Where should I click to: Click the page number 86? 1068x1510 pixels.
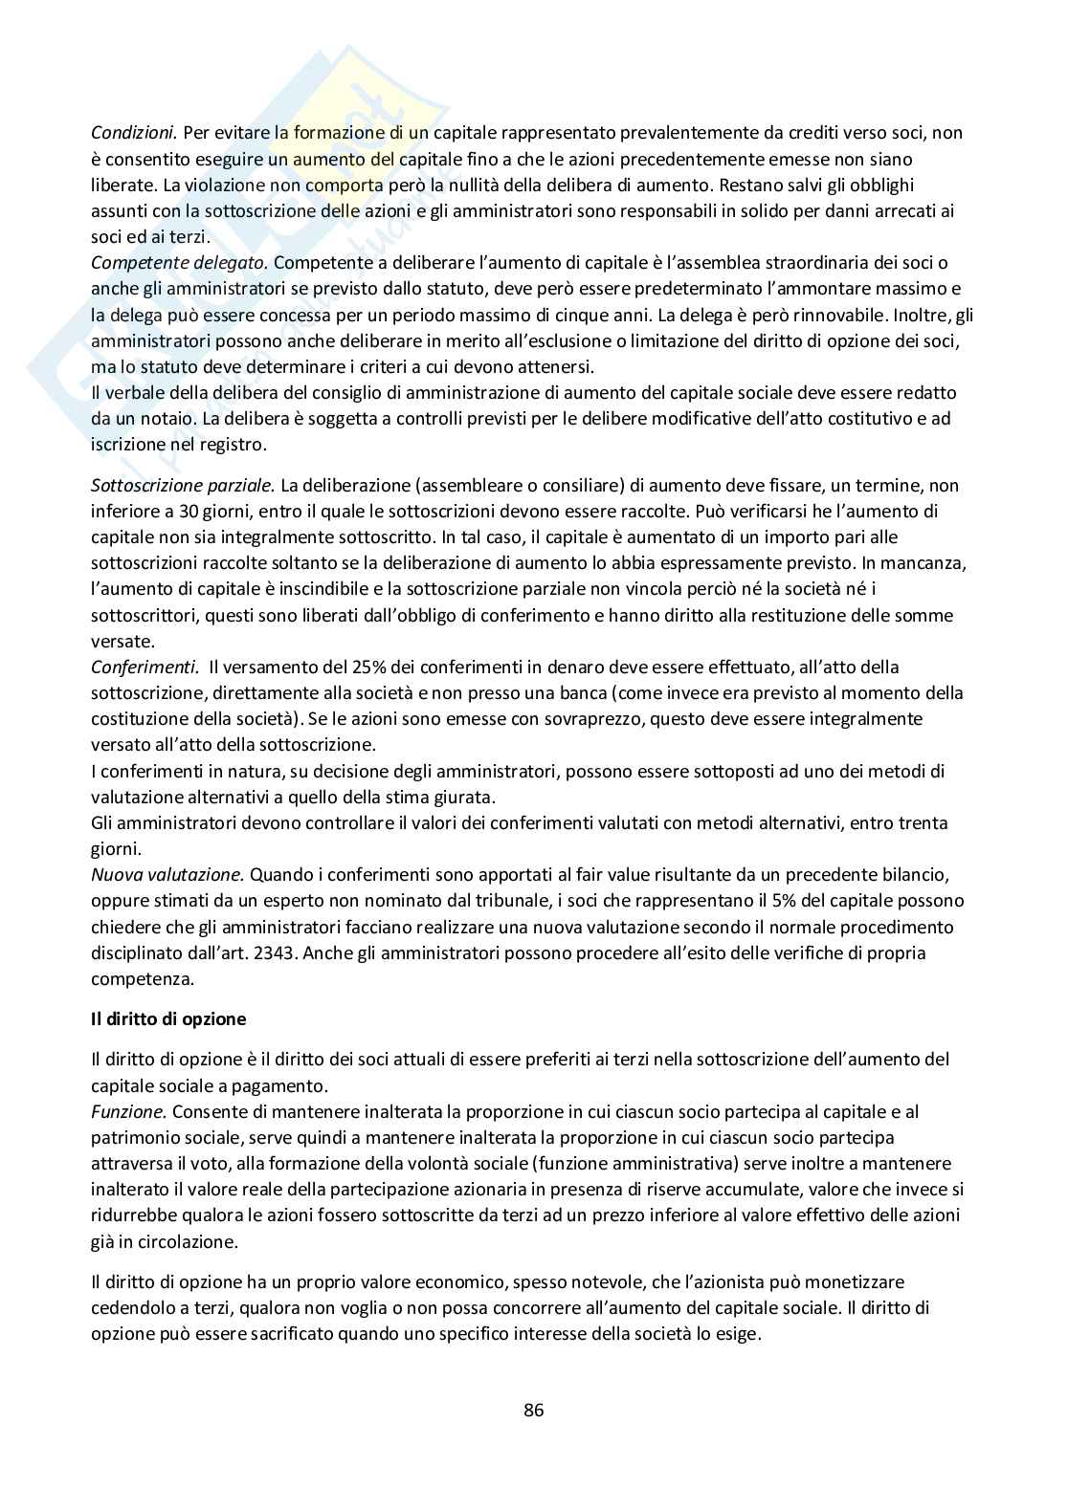point(534,1410)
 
